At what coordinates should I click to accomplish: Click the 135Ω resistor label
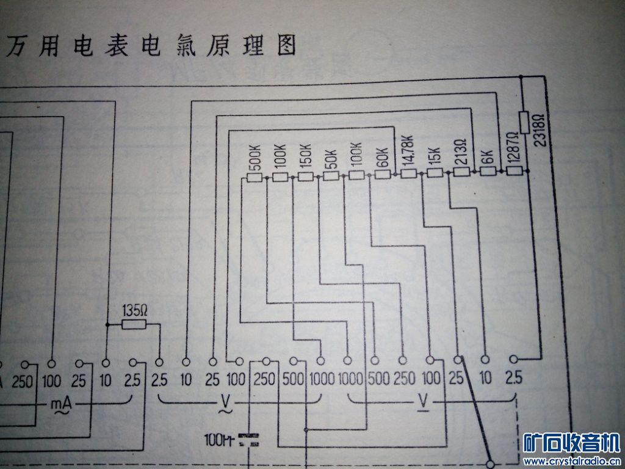(x=135, y=310)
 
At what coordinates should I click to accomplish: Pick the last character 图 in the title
(x=285, y=46)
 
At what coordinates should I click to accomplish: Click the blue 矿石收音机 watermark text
(x=572, y=443)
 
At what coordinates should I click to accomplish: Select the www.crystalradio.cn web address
(x=572, y=460)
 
